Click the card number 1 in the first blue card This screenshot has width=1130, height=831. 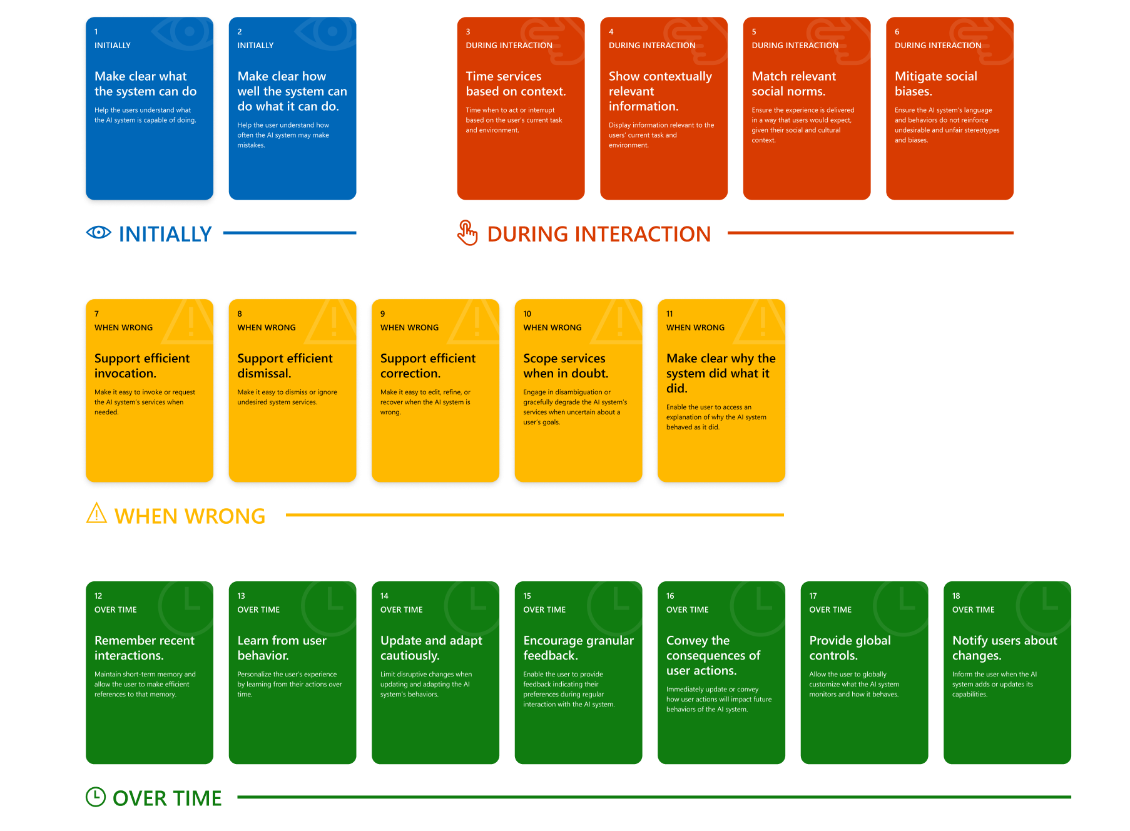96,32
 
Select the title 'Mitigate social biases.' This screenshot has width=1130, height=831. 935,84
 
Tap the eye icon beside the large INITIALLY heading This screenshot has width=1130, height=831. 99,233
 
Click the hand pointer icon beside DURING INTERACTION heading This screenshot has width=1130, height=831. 467,233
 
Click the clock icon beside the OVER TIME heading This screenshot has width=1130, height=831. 96,797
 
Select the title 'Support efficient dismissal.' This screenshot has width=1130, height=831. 285,365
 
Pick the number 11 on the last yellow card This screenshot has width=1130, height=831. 669,314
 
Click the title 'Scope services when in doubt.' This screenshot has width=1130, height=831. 565,365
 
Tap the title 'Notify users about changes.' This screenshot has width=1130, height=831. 1004,648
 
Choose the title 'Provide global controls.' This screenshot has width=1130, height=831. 850,648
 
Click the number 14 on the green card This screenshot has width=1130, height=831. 384,596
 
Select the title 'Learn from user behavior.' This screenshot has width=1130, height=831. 282,648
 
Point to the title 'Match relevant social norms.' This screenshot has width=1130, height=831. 793,84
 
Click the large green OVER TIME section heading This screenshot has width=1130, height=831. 167,798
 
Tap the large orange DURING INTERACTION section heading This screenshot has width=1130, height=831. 598,234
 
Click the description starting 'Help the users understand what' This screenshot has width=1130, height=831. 145,115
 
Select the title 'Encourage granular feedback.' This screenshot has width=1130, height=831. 578,648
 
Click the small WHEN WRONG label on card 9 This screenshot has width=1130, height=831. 409,328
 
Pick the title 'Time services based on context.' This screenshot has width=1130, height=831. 516,84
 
